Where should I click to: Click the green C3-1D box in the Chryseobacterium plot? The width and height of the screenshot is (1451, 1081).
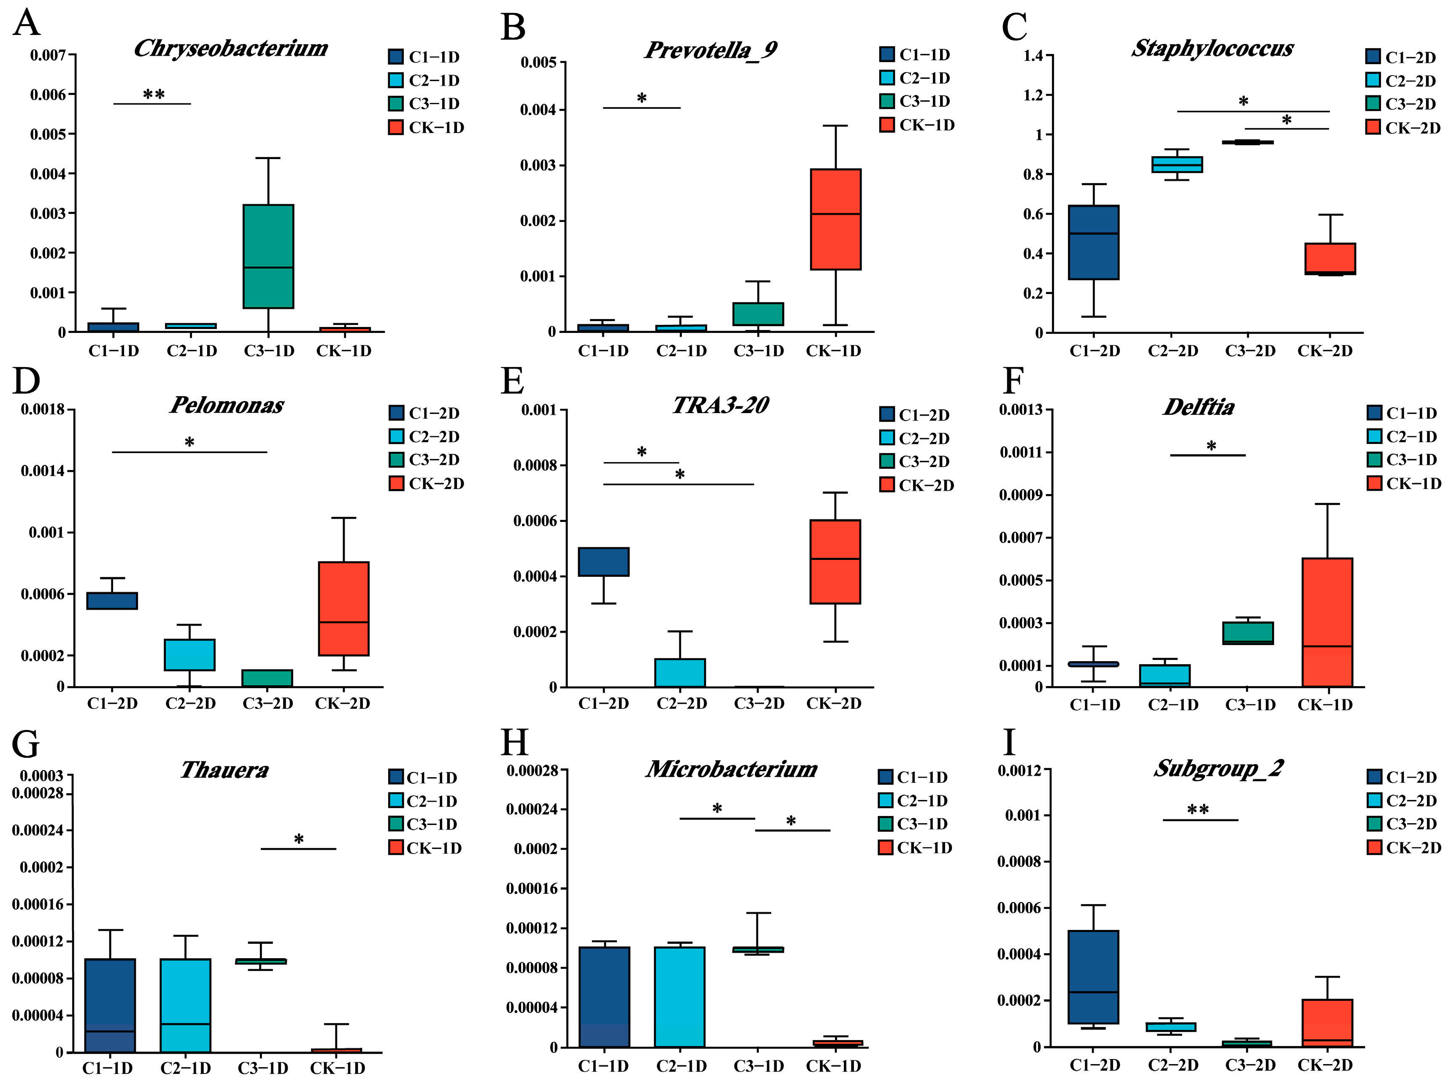(x=268, y=256)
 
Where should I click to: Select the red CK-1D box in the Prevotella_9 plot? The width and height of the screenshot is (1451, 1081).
(x=835, y=219)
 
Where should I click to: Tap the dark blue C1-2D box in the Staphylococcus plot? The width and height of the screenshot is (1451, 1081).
(x=1093, y=242)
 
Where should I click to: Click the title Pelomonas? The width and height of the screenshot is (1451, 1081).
(x=227, y=405)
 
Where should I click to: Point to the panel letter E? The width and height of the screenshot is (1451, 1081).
(x=512, y=381)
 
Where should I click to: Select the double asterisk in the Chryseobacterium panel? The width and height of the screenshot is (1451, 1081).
(x=154, y=94)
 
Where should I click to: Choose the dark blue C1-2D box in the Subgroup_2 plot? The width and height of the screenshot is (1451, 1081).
(x=1093, y=977)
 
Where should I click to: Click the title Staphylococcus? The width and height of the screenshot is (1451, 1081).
(x=1212, y=49)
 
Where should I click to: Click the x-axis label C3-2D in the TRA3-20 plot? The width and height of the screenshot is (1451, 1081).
(x=759, y=703)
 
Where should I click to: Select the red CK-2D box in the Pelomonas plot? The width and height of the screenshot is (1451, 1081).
(x=343, y=608)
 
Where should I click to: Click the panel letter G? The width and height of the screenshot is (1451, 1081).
(x=26, y=744)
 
